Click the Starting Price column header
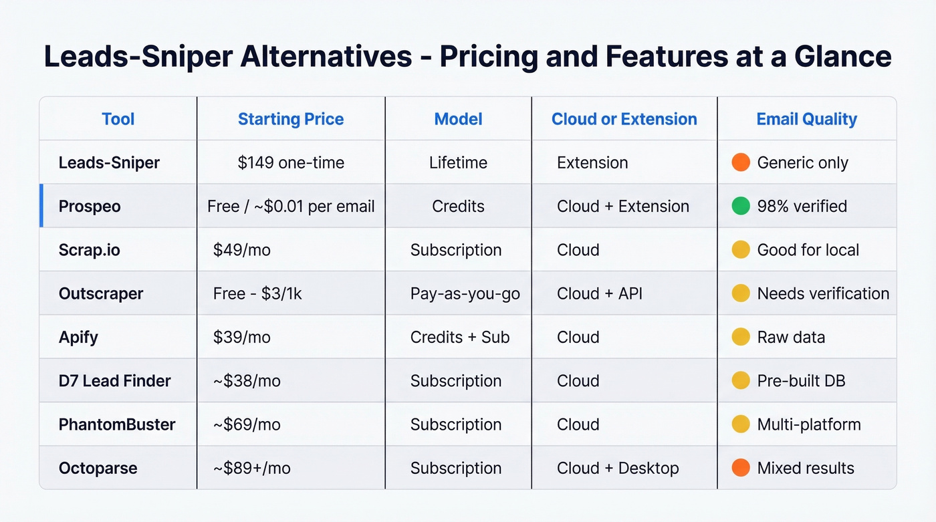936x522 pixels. pyautogui.click(x=291, y=119)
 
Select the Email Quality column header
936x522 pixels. pyautogui.click(x=806, y=119)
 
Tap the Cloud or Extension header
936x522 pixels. pyautogui.click(x=624, y=119)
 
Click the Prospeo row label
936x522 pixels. pyautogui.click(x=90, y=207)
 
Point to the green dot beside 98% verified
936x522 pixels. pyautogui.click(x=741, y=206)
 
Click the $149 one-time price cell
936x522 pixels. pyautogui.click(x=291, y=162)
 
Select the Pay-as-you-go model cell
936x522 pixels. pyautogui.click(x=465, y=293)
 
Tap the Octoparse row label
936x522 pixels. pyautogui.click(x=98, y=468)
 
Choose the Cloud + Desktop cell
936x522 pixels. pyautogui.click(x=617, y=468)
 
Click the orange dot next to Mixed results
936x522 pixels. pyautogui.click(x=741, y=467)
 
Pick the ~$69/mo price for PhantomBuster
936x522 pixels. pyautogui.click(x=247, y=424)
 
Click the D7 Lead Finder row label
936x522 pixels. pyautogui.click(x=114, y=381)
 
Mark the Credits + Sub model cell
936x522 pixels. pyautogui.click(x=459, y=337)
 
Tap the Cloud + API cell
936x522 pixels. pyautogui.click(x=599, y=293)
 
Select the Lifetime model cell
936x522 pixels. pyautogui.click(x=458, y=162)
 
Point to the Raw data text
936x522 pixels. pyautogui.click(x=791, y=337)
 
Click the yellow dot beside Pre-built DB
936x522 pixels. pyautogui.click(x=741, y=380)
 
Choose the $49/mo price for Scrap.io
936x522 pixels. pyautogui.click(x=241, y=250)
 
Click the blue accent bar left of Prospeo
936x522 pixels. pyautogui.click(x=41, y=206)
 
